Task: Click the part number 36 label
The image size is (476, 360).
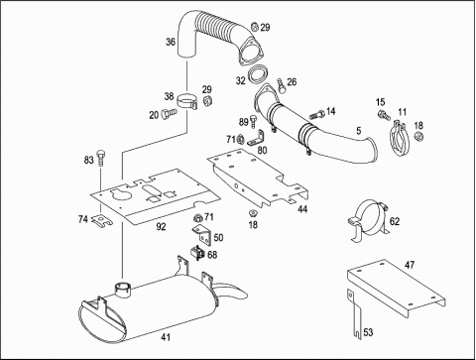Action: click(171, 42)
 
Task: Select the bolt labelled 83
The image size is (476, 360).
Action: click(101, 158)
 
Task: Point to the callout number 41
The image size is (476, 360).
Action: click(166, 337)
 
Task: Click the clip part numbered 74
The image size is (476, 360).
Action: click(102, 220)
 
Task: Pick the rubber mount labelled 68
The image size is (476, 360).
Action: click(197, 253)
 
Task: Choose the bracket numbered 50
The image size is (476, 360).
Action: click(201, 235)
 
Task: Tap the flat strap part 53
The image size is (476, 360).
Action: click(354, 314)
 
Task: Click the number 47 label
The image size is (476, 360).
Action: click(410, 265)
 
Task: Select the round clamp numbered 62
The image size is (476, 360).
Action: click(368, 220)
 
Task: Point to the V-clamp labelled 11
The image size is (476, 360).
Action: click(400, 139)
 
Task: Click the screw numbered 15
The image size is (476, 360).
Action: click(384, 115)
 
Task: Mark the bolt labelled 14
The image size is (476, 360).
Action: click(316, 115)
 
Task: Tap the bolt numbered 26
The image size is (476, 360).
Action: click(281, 84)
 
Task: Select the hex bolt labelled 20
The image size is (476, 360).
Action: click(169, 113)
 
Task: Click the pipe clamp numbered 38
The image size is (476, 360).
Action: click(187, 101)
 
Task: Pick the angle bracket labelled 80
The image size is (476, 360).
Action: click(257, 139)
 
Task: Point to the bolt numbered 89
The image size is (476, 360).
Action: click(253, 122)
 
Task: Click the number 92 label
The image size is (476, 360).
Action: click(161, 227)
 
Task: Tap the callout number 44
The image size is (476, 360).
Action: click(302, 209)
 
